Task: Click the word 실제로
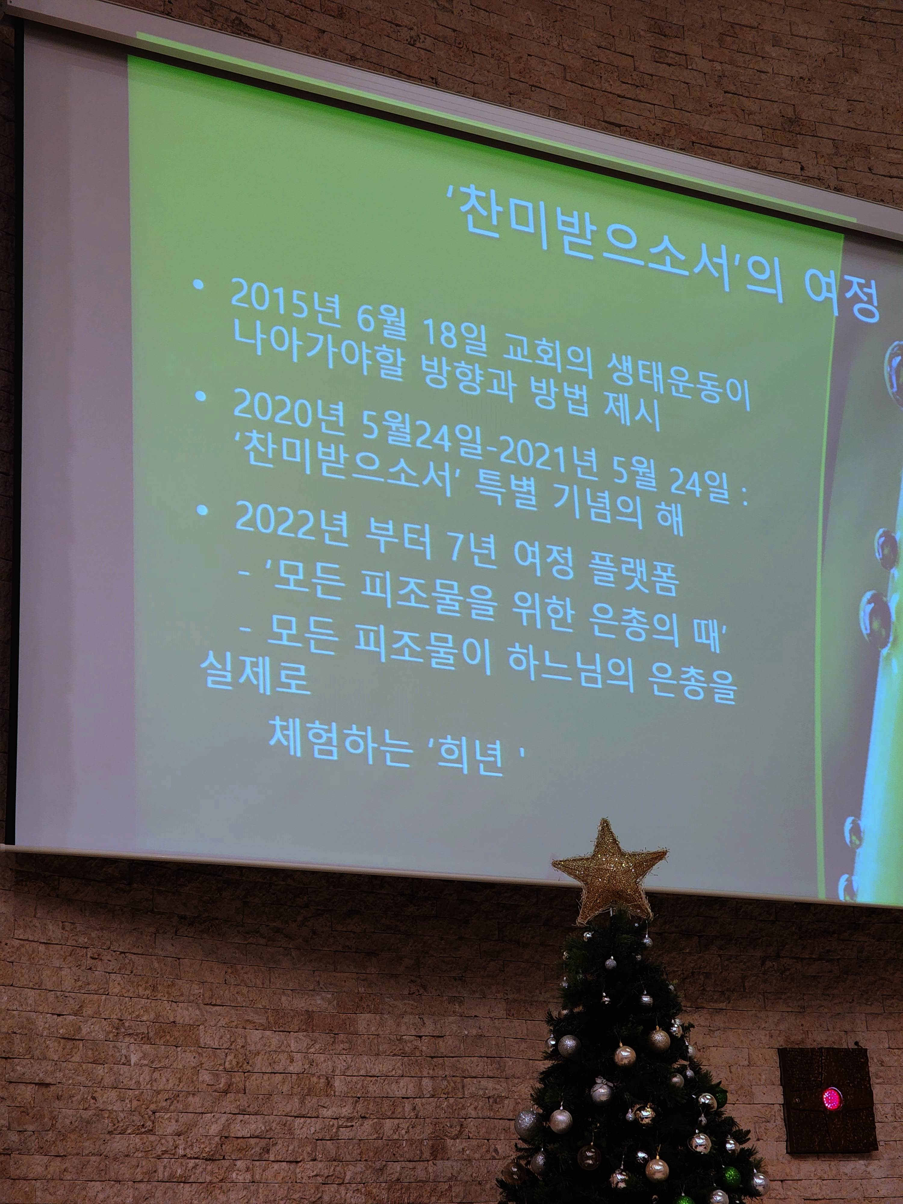point(255,673)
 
